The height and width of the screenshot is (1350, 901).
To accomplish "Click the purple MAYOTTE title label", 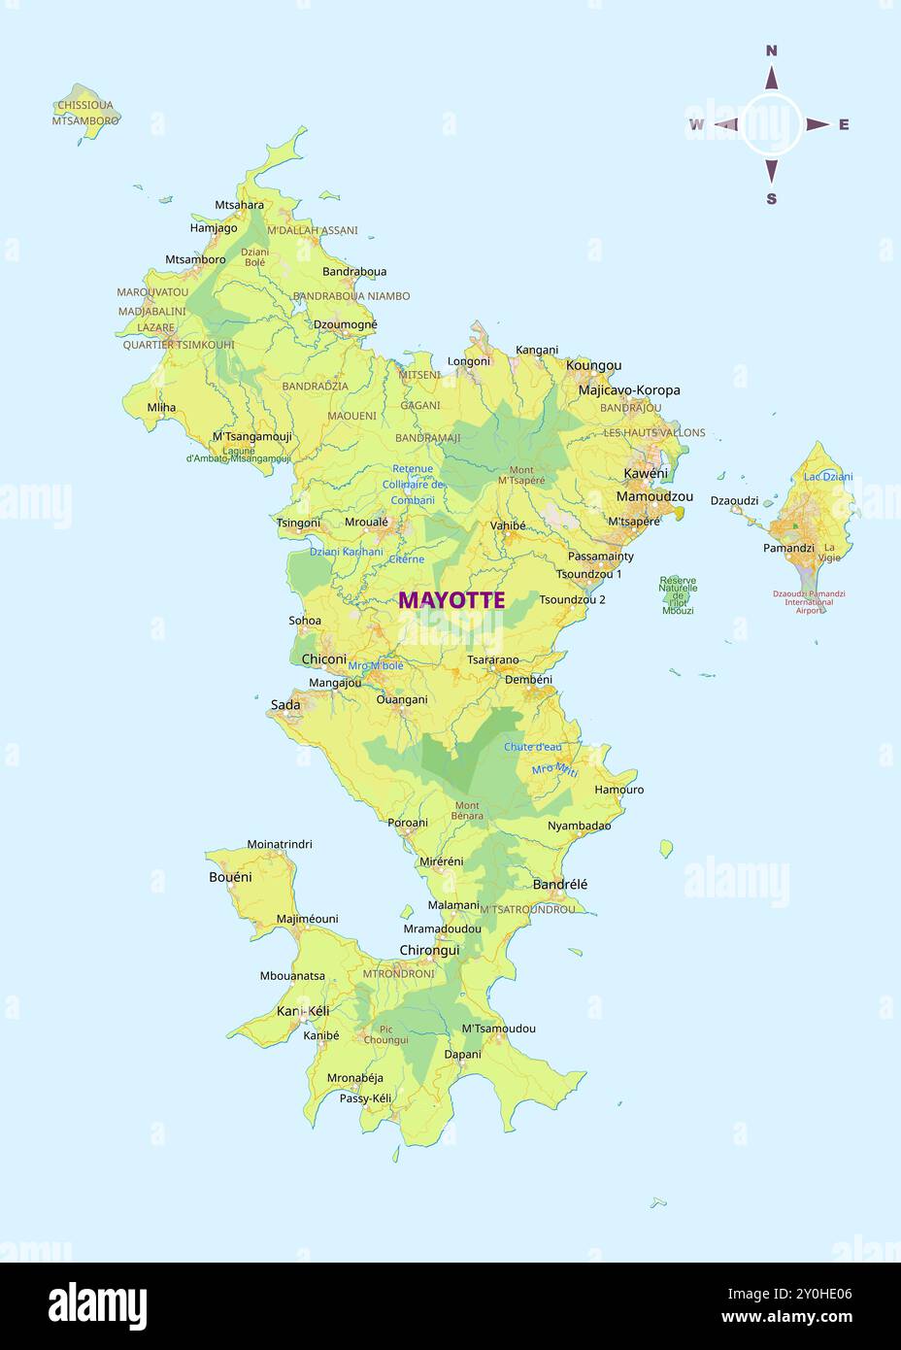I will (x=451, y=600).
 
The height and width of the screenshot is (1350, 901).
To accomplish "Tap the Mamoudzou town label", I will (x=654, y=496).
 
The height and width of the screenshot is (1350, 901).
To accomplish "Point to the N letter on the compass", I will (x=772, y=51).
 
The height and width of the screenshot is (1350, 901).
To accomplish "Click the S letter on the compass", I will (x=772, y=199).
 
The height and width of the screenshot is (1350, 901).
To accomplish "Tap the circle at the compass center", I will (x=772, y=124).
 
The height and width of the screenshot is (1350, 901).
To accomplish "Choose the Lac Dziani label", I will (x=828, y=477).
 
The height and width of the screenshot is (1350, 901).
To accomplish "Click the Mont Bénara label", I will (x=467, y=810).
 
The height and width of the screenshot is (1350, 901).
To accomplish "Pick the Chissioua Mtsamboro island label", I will (x=85, y=113).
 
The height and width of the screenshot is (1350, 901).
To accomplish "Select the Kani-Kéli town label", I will (x=303, y=1011).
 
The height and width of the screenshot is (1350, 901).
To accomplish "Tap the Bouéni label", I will (x=230, y=877).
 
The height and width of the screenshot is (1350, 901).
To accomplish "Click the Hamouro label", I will (x=619, y=790).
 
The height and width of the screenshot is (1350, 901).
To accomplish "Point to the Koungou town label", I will (x=593, y=365).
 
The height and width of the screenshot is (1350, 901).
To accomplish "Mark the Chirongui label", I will (x=429, y=950).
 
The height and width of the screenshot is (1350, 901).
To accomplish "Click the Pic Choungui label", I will (x=386, y=1034).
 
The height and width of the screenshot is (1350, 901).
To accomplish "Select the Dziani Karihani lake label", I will (x=347, y=552).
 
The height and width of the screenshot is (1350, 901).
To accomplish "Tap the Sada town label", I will (x=285, y=704).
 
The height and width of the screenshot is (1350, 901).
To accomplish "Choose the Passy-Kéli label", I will (x=365, y=1098).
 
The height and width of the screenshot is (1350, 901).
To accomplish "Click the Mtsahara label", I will (x=239, y=205).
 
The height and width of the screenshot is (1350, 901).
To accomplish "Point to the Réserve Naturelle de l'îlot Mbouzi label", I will (x=678, y=595).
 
